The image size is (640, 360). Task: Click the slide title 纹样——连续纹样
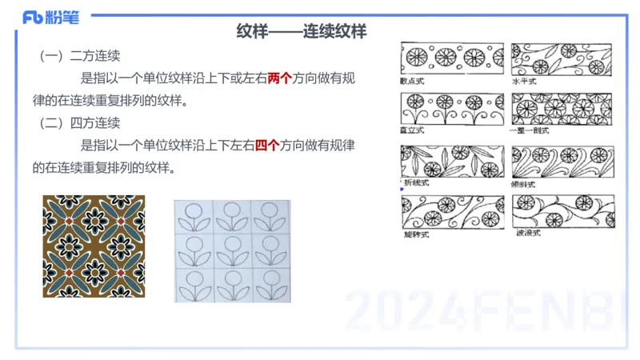coord(302,32)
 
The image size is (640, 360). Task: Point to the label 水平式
coord(523,81)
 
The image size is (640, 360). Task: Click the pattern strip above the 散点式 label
coord(451,58)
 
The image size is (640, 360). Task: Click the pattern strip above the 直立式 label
coord(451,109)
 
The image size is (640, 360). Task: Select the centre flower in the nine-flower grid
coord(232,250)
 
